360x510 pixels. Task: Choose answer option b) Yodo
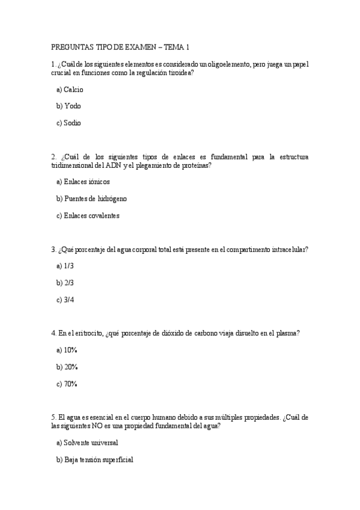pyautogui.click(x=69, y=106)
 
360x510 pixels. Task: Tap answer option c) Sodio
pyautogui.click(x=69, y=123)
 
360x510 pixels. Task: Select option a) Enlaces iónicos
pyautogui.click(x=83, y=182)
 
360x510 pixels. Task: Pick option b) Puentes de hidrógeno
pyautogui.click(x=91, y=198)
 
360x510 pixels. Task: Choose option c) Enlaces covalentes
pyautogui.click(x=88, y=215)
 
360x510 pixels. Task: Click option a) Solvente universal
pyautogui.click(x=87, y=443)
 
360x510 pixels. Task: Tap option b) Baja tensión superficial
pyautogui.click(x=94, y=459)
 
